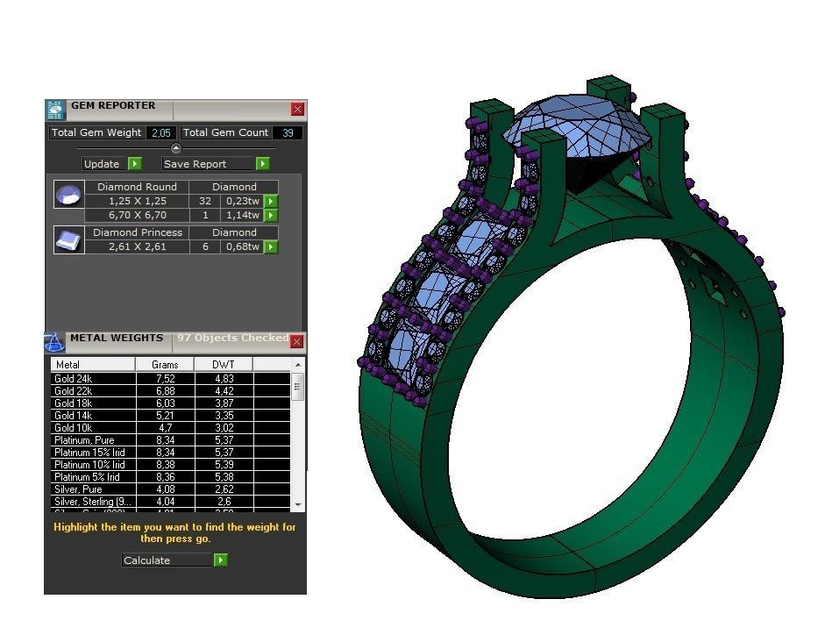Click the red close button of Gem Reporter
click(298, 110)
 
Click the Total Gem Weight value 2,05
click(160, 132)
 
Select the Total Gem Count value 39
click(288, 132)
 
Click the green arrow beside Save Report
click(262, 164)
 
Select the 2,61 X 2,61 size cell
click(137, 246)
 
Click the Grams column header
click(165, 364)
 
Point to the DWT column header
click(224, 364)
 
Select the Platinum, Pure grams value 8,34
click(165, 440)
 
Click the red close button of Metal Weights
click(297, 341)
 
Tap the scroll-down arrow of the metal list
click(298, 505)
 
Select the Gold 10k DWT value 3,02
click(224, 428)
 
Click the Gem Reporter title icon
click(55, 110)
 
